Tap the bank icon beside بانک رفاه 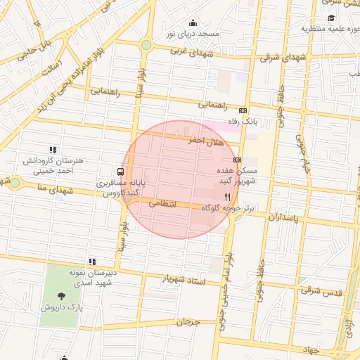243,110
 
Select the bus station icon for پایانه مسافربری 120,172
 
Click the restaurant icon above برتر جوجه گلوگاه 226,197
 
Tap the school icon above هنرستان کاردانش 52,150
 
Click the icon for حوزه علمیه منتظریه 331,18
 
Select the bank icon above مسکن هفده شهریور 237,160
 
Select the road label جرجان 188,323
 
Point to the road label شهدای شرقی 285,58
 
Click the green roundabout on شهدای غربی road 146,45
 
